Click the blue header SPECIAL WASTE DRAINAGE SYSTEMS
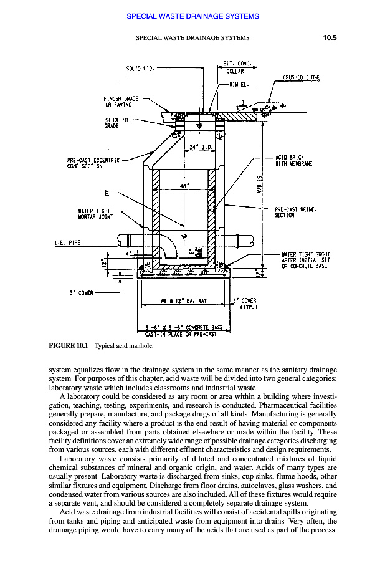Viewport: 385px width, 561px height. pos(192,16)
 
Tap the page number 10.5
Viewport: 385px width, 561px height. pos(330,37)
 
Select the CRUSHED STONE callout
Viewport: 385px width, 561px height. pos(302,78)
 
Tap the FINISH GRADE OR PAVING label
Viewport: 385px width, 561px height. pos(121,102)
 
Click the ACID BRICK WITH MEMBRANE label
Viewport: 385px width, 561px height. pos(293,160)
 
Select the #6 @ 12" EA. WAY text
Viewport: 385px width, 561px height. pos(183,300)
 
